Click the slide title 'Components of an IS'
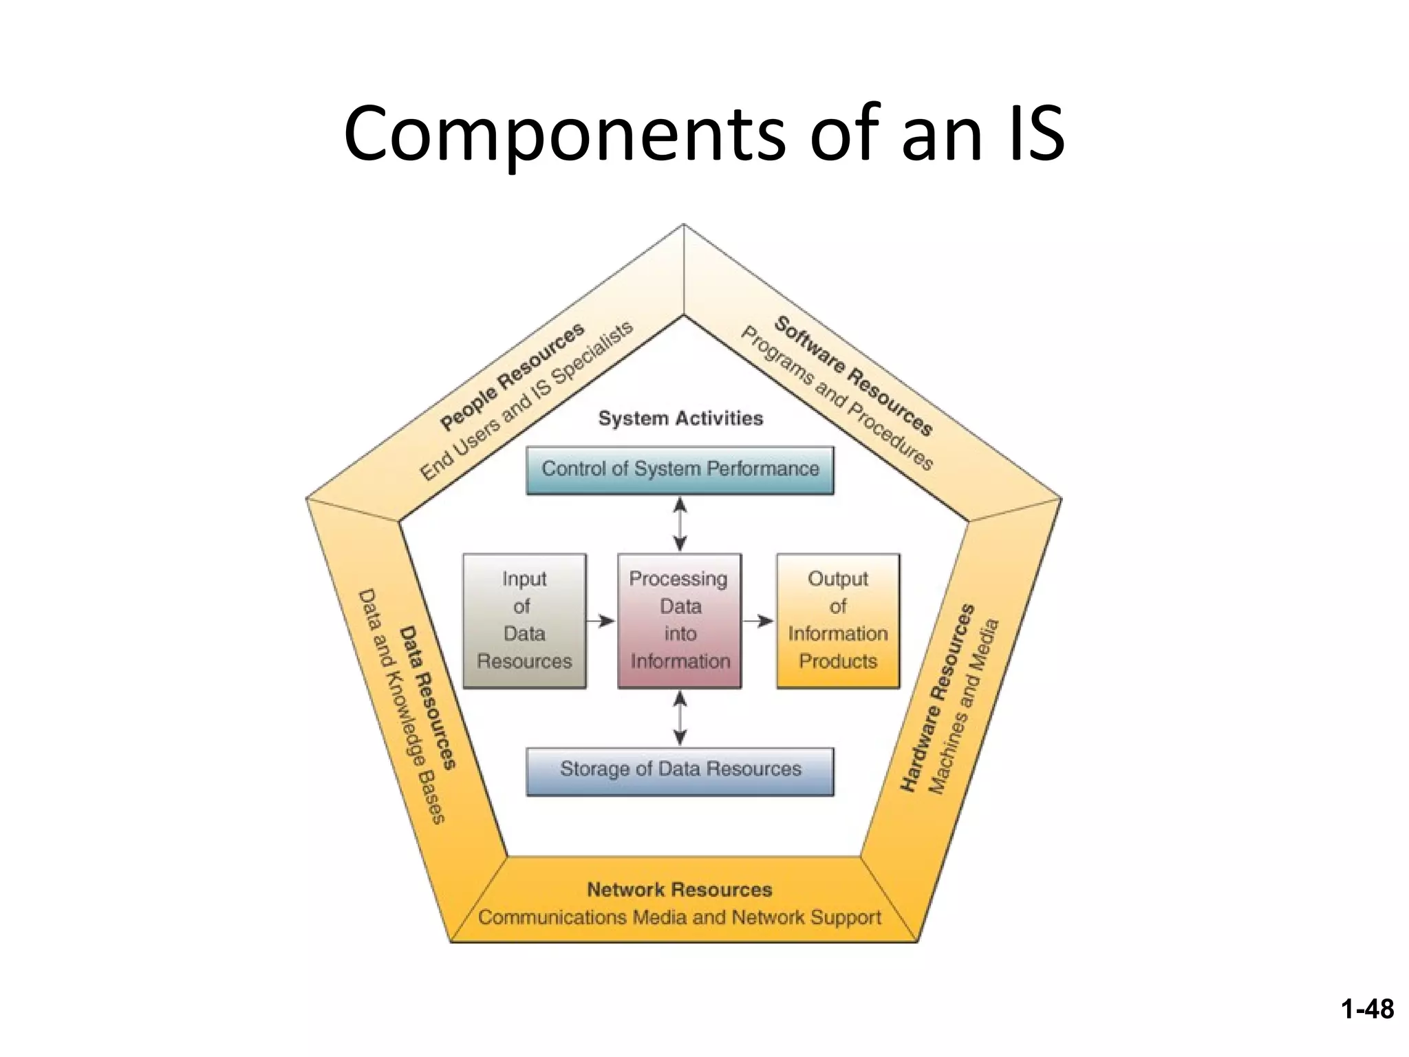tap(704, 134)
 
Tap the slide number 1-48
tap(1366, 1009)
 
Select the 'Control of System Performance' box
tap(680, 470)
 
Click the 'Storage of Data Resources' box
tap(680, 771)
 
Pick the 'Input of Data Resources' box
tap(524, 621)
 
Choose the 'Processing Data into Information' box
tap(680, 621)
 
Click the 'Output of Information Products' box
tap(838, 621)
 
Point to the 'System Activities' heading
tap(680, 418)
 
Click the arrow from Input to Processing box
tap(601, 621)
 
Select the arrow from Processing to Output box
tap(758, 621)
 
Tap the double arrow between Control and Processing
tap(680, 524)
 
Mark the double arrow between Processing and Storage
tap(680, 718)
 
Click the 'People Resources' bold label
tap(513, 377)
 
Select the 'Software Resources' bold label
tap(854, 376)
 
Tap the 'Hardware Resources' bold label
tap(938, 698)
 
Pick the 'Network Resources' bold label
tap(680, 890)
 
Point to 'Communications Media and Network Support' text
tap(680, 917)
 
